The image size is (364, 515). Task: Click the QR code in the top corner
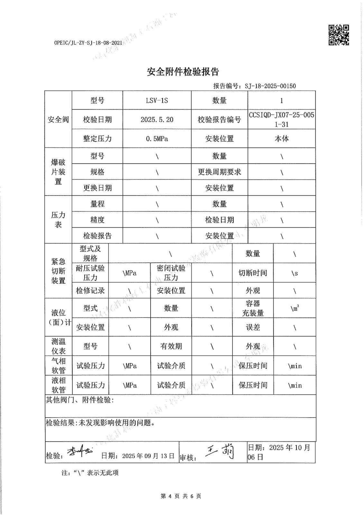click(x=339, y=35)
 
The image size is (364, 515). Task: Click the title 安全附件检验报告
click(x=183, y=72)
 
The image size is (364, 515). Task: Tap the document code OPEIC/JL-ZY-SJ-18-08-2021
click(x=88, y=42)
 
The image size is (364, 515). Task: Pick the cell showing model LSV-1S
click(x=157, y=100)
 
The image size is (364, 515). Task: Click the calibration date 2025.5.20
click(x=157, y=119)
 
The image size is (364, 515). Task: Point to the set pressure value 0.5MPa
click(x=157, y=139)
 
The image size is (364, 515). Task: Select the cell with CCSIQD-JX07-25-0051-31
click(x=281, y=119)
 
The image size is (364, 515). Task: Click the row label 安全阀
click(x=58, y=119)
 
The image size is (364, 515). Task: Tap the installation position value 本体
click(x=281, y=139)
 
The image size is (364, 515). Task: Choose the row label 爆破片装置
click(x=58, y=172)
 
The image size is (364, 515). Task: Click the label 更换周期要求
click(x=219, y=172)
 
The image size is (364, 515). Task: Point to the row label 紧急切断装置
click(x=58, y=271)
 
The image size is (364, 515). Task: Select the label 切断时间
click(x=253, y=273)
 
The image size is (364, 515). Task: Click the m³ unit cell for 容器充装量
click(x=294, y=308)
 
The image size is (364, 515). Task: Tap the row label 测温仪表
click(x=58, y=346)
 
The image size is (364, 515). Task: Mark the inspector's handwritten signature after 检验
click(x=79, y=452)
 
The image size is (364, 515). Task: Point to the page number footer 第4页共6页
click(x=181, y=496)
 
